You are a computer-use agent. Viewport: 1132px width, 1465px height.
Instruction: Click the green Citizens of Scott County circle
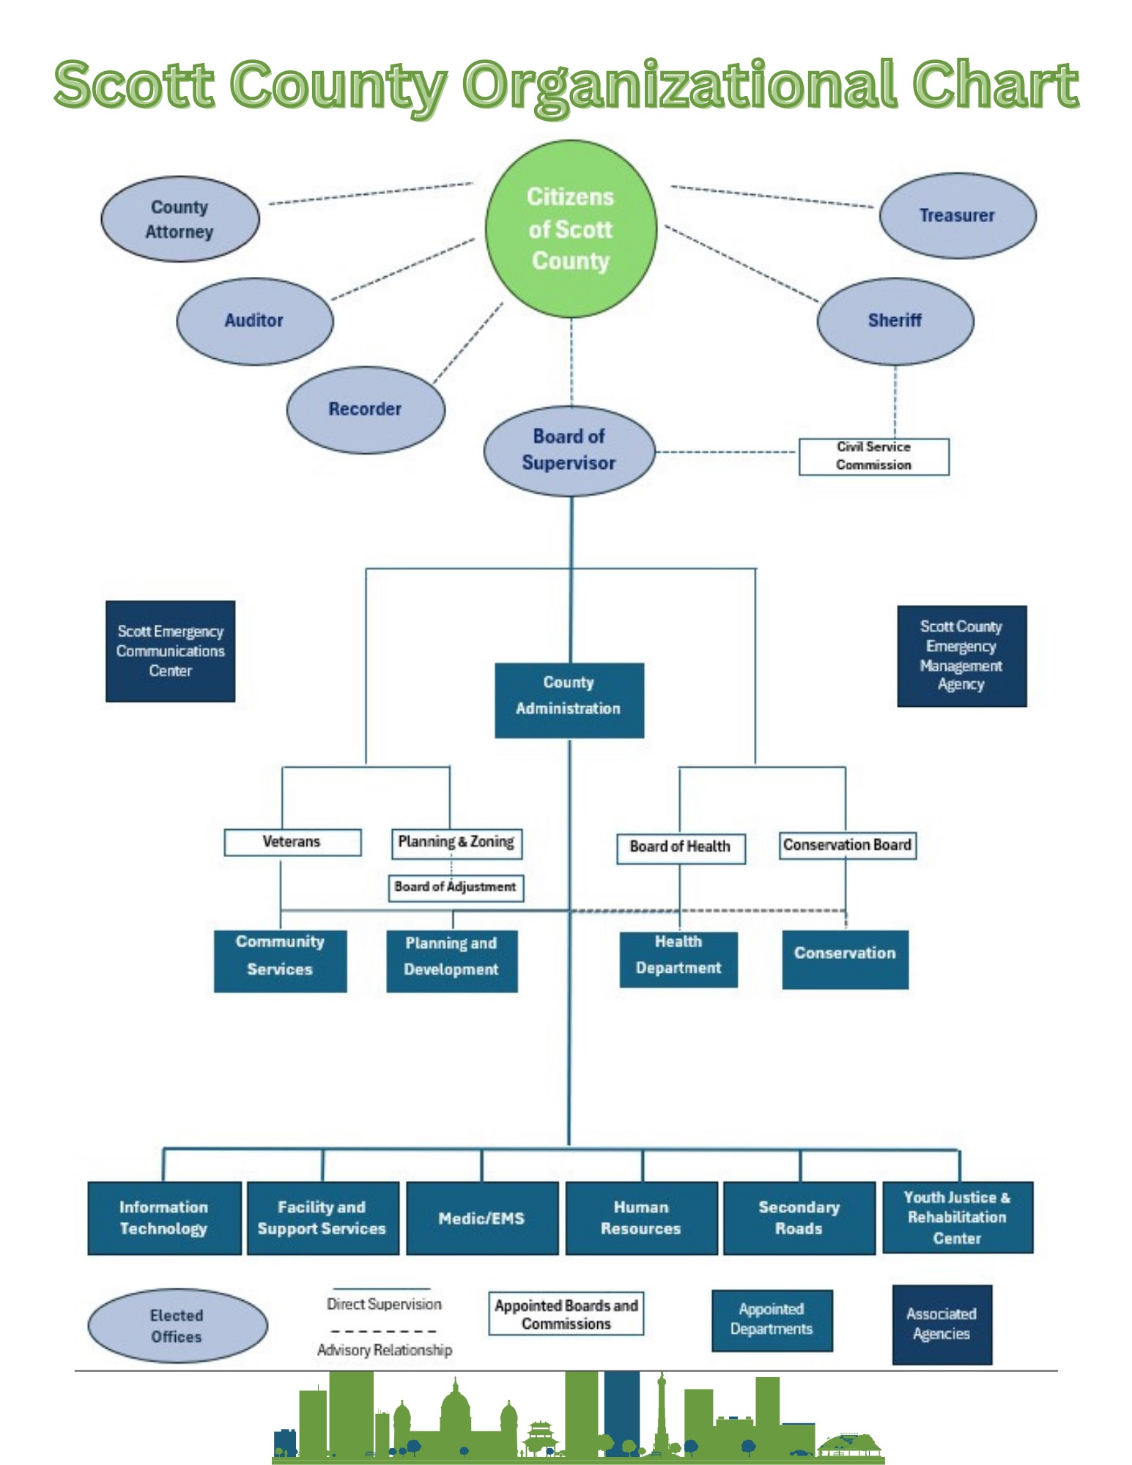click(571, 229)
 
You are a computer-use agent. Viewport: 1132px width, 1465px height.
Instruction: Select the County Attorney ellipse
click(180, 219)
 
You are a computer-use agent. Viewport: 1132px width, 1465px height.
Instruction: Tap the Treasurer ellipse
click(957, 215)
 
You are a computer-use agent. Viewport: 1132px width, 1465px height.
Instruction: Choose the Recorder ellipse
click(365, 409)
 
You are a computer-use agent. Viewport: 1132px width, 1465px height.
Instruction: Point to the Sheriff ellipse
click(895, 321)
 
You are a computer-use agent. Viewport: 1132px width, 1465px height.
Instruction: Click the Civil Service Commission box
click(873, 456)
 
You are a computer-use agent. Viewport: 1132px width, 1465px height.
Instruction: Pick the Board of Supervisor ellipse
click(569, 450)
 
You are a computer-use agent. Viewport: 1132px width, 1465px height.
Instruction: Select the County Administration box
click(569, 700)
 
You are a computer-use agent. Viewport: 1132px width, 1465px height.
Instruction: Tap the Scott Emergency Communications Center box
click(170, 651)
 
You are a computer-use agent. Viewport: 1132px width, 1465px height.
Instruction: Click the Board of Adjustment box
click(455, 888)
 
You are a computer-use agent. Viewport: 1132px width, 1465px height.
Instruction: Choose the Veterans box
click(292, 842)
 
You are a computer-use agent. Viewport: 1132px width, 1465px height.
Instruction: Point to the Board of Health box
click(680, 848)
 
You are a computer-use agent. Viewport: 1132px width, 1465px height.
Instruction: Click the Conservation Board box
click(847, 845)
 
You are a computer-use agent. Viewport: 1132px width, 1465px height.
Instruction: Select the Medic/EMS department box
click(481, 1218)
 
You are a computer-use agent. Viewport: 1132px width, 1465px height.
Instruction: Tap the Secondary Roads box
click(799, 1218)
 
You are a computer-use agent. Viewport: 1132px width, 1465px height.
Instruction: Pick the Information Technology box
click(164, 1218)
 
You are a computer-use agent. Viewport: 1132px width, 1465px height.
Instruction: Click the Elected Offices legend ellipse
click(177, 1326)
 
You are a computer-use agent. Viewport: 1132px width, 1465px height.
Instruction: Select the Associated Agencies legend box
click(942, 1324)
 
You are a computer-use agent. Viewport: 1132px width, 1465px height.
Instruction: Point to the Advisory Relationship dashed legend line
click(383, 1331)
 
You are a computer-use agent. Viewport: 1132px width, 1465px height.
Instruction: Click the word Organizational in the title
click(681, 86)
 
